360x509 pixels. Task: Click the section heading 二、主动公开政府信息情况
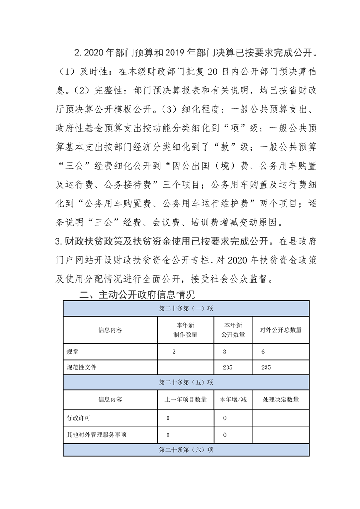coord(137,295)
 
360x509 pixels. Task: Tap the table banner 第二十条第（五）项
coord(186,382)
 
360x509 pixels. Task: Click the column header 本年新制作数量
coord(185,330)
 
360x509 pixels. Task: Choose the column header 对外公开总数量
coord(280,330)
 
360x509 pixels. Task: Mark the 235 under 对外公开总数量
coord(266,367)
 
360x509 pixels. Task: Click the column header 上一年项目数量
coord(185,400)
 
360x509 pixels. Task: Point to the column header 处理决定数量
coord(280,400)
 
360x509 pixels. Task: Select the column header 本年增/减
coord(233,400)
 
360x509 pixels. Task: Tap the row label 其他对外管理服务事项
coord(96,435)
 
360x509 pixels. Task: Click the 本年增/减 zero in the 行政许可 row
coord(225,418)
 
